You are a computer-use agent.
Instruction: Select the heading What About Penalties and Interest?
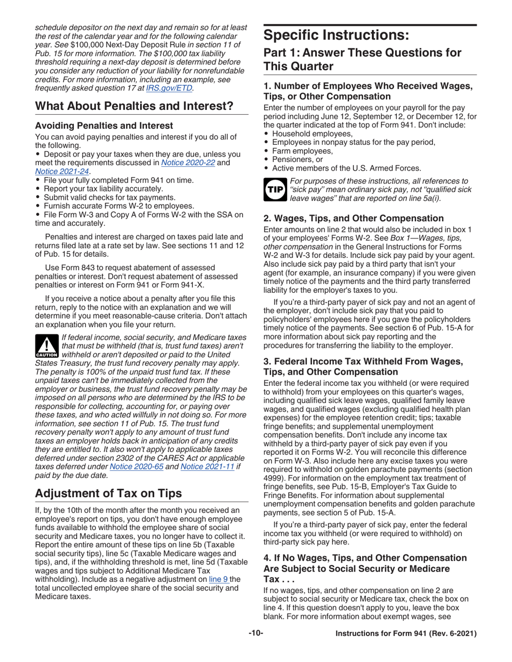pyautogui.click(x=134, y=106)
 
